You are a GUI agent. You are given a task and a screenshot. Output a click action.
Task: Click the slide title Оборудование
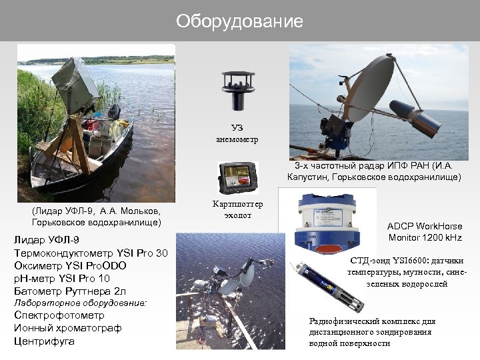click(x=239, y=21)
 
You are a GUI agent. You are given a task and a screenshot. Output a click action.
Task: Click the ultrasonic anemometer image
click(x=237, y=92)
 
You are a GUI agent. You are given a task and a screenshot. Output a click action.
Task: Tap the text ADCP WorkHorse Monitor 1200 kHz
click(x=425, y=232)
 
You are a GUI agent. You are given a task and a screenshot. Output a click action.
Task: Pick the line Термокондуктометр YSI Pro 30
click(x=91, y=253)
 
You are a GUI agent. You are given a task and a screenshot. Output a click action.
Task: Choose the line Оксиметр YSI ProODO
click(x=70, y=265)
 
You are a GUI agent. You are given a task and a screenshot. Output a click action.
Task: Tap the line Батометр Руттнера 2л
click(x=70, y=291)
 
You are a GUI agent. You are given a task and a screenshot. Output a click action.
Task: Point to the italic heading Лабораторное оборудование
click(x=80, y=303)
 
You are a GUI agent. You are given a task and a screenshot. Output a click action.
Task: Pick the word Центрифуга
click(x=44, y=341)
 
